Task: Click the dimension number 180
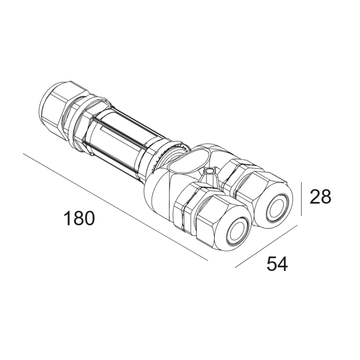coord(79,218)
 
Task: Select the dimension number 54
coord(277,264)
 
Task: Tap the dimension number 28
coord(320,197)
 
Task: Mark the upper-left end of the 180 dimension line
coord(23,154)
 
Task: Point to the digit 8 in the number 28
coord(326,197)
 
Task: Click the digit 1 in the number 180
coord(67,218)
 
